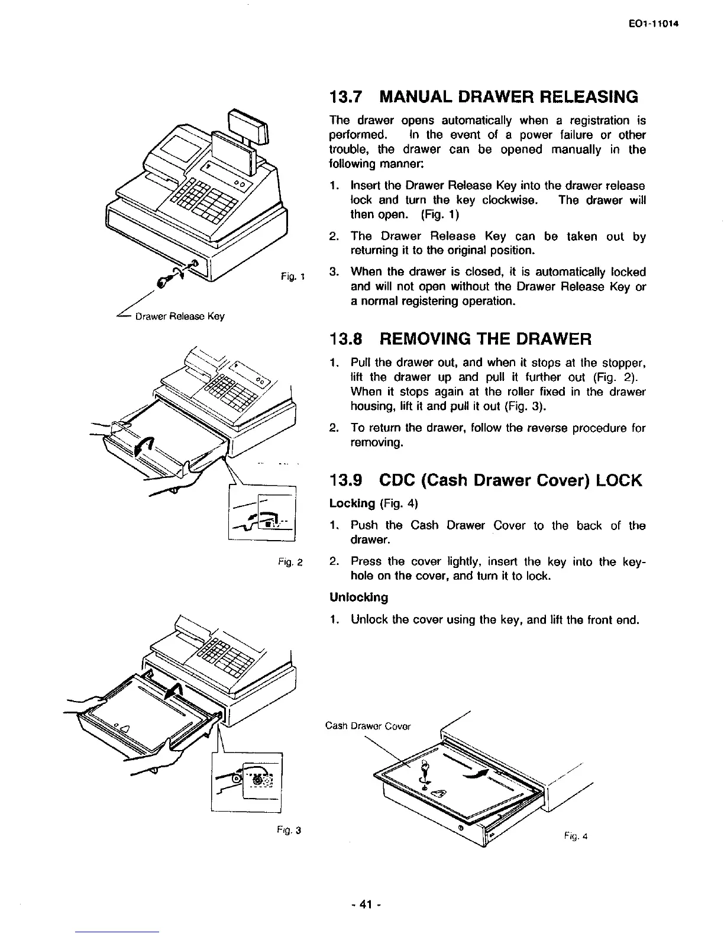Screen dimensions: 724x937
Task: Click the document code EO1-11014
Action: (655, 24)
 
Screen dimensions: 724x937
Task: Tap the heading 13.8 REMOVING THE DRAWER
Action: (460, 339)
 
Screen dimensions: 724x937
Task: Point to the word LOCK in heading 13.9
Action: (617, 480)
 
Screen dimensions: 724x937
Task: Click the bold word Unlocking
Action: (358, 597)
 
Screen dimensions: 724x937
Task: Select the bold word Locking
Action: (352, 503)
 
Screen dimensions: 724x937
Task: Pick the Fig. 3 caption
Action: (292, 829)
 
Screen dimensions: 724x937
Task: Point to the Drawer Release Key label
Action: (180, 316)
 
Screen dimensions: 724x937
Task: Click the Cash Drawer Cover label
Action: (368, 726)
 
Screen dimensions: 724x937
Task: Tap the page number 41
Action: (361, 903)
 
